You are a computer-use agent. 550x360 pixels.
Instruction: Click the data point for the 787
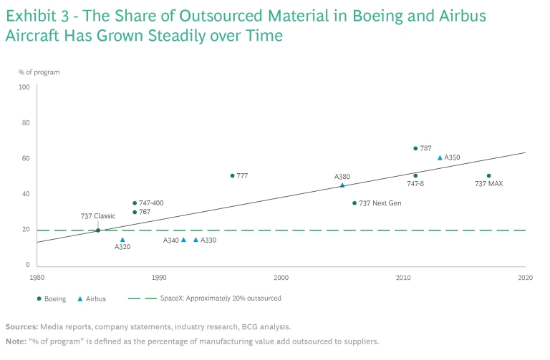pos(415,148)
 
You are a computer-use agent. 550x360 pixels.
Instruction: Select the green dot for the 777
pos(232,175)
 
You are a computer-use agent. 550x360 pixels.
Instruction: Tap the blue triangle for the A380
pos(342,185)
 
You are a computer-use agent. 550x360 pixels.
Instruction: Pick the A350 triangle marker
pos(440,157)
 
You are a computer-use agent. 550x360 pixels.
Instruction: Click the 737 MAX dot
pos(488,175)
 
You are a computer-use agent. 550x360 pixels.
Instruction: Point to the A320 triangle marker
pos(122,240)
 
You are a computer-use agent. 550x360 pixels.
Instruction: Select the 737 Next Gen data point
pos(354,203)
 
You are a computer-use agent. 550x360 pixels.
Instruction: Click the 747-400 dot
pos(135,203)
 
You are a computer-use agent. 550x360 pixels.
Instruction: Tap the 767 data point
pos(135,212)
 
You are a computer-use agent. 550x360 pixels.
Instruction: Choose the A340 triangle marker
pos(183,240)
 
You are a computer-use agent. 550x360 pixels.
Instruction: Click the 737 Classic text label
pos(98,216)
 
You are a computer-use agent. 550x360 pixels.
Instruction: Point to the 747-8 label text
pos(416,184)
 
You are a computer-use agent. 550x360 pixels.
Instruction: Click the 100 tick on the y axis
pos(24,87)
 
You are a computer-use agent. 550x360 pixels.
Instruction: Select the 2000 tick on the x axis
pos(281,277)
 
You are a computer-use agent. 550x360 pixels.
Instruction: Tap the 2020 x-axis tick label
pos(525,277)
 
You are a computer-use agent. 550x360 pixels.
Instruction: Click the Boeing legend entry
pos(54,298)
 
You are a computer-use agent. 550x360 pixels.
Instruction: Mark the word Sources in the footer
pos(22,326)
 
